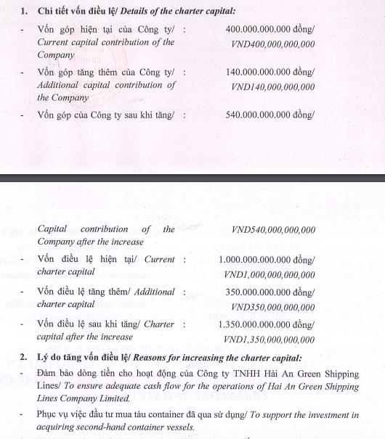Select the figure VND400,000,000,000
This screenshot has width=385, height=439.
click(272, 44)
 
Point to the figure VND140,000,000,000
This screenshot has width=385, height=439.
click(272, 87)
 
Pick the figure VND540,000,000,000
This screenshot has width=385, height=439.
click(272, 231)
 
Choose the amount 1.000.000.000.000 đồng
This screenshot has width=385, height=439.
click(267, 260)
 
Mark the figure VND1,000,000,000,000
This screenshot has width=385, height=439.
click(269, 274)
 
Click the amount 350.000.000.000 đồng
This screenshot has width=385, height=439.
click(270, 292)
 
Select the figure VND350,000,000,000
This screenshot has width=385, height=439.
click(272, 307)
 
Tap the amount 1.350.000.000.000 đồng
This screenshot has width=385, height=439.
click(267, 324)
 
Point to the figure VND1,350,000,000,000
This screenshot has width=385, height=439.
click(269, 340)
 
